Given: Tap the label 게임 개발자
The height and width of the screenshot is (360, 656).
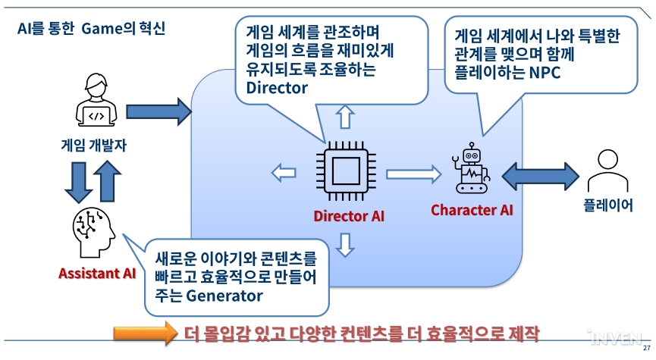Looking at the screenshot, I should tap(95, 145).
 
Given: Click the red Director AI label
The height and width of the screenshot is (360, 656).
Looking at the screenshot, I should tap(349, 216).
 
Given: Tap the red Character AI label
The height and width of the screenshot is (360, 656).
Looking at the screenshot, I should tap(472, 210).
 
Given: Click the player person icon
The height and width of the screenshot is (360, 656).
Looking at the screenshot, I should tap(608, 171).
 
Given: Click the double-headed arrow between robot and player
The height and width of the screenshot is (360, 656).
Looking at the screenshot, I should tap(540, 174).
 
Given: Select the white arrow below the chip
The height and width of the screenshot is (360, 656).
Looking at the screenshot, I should tap(346, 245).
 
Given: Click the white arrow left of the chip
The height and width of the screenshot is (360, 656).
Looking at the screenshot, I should tap(284, 173).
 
